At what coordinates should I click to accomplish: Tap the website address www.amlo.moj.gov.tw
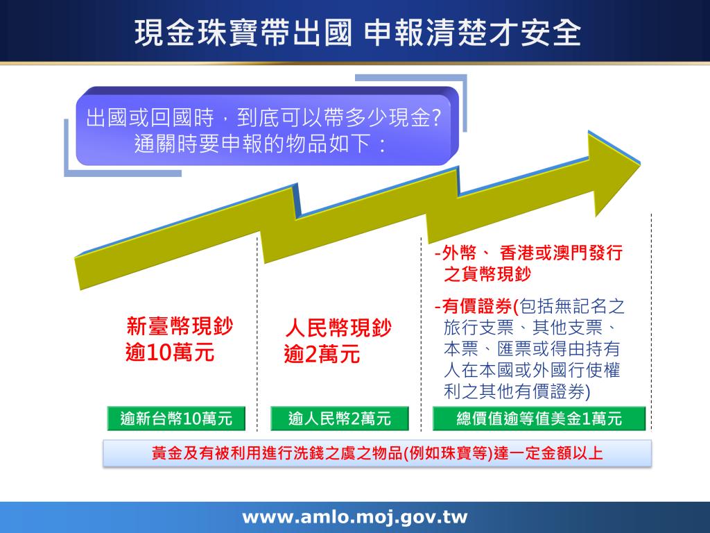click(354, 517)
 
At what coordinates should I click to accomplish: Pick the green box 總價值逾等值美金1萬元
click(539, 418)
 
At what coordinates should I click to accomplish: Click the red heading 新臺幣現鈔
click(180, 327)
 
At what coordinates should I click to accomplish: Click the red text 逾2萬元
click(322, 355)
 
